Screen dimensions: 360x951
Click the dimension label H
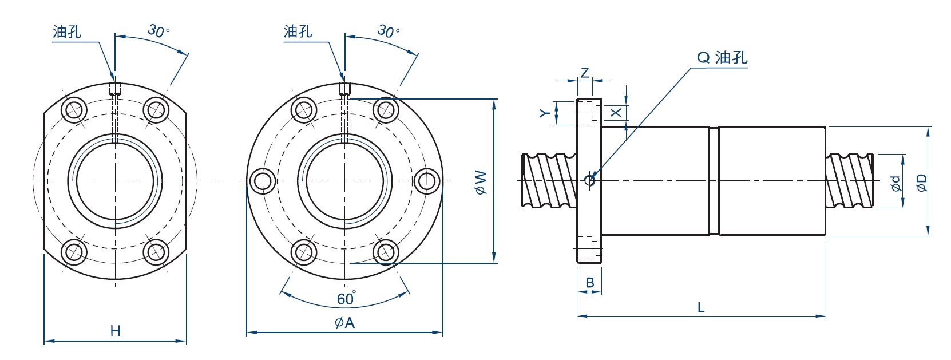tap(115, 330)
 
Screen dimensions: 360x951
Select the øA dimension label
tap(344, 323)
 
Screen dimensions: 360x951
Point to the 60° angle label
tap(346, 299)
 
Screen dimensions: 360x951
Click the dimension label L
tap(701, 307)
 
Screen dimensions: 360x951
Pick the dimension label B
tap(590, 282)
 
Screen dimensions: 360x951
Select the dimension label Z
tap(584, 73)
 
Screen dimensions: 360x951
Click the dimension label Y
tap(545, 113)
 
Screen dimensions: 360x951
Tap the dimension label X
tap(616, 113)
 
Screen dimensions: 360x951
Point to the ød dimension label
tap(896, 183)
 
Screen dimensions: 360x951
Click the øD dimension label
tap(921, 183)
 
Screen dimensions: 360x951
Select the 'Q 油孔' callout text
tap(722, 57)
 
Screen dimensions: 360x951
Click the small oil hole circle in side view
tap(591, 181)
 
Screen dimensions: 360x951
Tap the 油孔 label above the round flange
tap(298, 31)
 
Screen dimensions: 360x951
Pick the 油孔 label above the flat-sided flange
tap(67, 31)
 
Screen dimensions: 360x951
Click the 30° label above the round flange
tap(389, 30)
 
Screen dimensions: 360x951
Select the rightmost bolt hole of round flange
tap(426, 181)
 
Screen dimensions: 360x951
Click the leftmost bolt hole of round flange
tap(263, 181)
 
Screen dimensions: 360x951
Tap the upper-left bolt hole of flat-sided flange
tap(74, 109)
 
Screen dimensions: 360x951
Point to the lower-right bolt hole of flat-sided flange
tap(156, 252)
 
